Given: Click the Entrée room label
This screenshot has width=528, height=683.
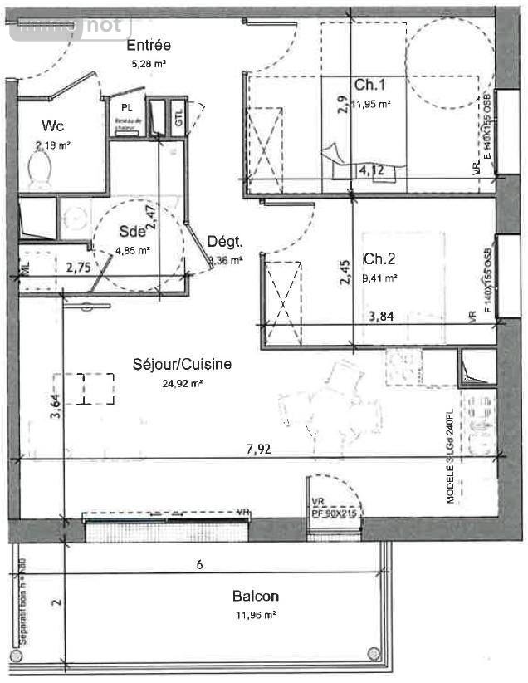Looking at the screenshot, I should tap(149, 45).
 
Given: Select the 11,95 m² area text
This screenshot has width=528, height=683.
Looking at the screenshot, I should tap(370, 104).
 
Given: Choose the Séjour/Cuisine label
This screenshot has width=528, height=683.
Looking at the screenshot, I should tap(182, 363).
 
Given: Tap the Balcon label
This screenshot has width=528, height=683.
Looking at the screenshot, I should tap(255, 596).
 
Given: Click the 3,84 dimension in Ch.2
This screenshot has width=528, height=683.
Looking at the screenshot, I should tap(380, 315).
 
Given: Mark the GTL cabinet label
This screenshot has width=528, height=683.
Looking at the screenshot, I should tap(178, 118).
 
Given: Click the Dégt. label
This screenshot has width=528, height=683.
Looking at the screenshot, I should tap(224, 242).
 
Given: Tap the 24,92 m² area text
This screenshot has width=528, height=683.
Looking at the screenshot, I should tap(182, 383).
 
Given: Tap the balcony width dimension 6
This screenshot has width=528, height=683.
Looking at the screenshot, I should tap(198, 564).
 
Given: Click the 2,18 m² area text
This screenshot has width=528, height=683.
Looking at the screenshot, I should tap(51, 145).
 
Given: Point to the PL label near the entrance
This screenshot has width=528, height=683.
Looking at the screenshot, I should tap(126, 108).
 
